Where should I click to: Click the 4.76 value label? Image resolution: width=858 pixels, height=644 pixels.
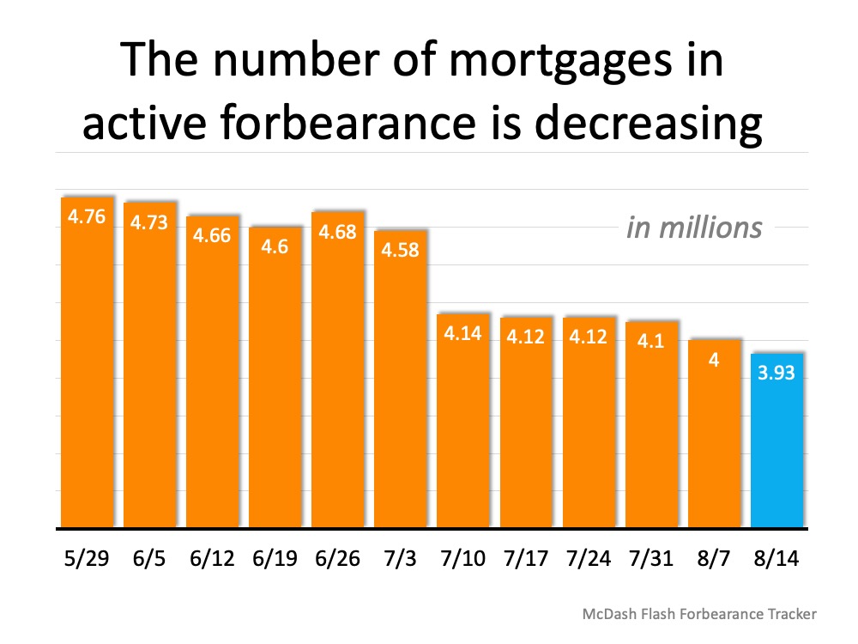pyautogui.click(x=87, y=216)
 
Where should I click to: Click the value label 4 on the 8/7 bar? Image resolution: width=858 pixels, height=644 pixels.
pyautogui.click(x=713, y=361)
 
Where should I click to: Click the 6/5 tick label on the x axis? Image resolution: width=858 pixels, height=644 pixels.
pyautogui.click(x=149, y=558)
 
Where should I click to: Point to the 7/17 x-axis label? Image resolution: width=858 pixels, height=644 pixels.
pyautogui.click(x=525, y=558)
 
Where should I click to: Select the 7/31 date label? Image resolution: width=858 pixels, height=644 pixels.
pyautogui.click(x=650, y=558)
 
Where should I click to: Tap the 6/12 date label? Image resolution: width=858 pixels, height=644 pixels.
pyautogui.click(x=212, y=558)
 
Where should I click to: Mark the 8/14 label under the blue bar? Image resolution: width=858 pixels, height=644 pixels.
pyautogui.click(x=776, y=558)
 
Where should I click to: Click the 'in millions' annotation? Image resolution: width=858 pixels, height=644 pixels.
pyautogui.click(x=693, y=228)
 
